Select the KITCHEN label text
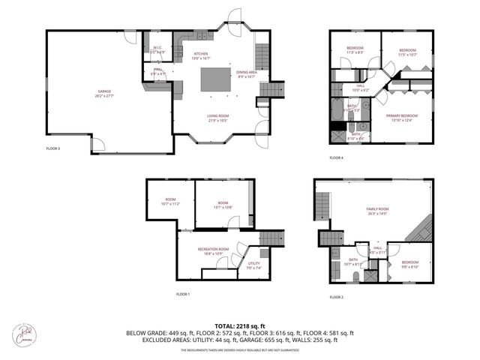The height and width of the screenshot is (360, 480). pos(201,54)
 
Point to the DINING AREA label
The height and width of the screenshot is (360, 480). pos(246,71)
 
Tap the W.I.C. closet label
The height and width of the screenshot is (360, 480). pos(157,48)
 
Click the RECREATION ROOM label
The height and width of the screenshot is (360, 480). pos(213,249)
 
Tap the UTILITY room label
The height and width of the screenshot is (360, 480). pos(253,263)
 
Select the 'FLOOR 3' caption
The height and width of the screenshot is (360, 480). pos(53,148)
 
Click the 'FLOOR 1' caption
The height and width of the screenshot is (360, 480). pos(183,293)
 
